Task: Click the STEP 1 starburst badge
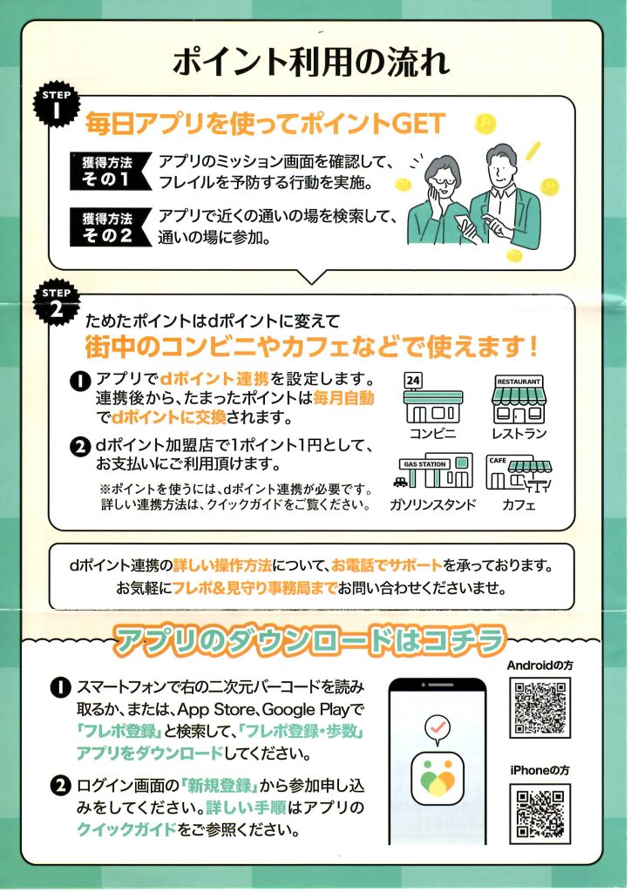[x=57, y=105]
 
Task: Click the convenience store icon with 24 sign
[x=432, y=398]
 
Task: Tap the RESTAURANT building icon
[x=519, y=398]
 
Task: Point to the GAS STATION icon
[x=433, y=471]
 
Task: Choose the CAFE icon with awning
[x=519, y=473]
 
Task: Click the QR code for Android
[x=540, y=707]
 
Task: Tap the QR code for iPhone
[x=540, y=814]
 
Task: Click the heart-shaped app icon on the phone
[x=438, y=778]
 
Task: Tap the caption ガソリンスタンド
[x=433, y=504]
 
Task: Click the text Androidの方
[x=540, y=665]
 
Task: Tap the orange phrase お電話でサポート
[x=387, y=565]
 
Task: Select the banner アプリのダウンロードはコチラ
[x=310, y=641]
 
